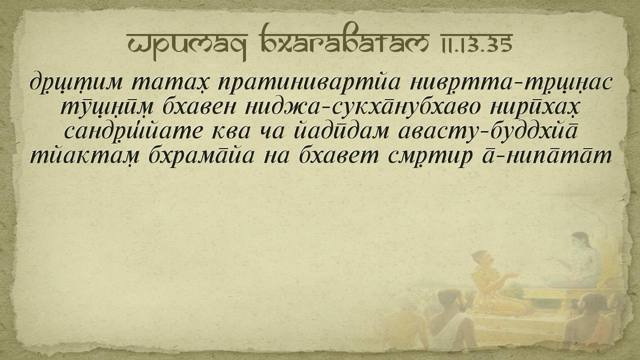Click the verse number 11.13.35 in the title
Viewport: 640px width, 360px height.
(476, 43)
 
